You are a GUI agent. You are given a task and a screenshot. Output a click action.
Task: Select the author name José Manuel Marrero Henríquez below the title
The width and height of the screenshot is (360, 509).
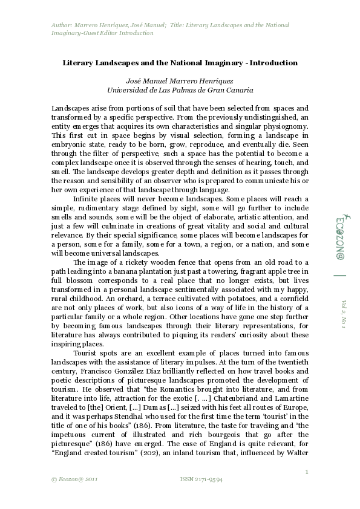click(x=180, y=80)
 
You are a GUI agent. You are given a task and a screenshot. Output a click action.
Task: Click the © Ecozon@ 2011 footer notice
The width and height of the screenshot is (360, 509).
click(x=75, y=479)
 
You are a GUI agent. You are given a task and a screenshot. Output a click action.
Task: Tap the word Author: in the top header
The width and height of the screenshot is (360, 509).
click(x=61, y=25)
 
